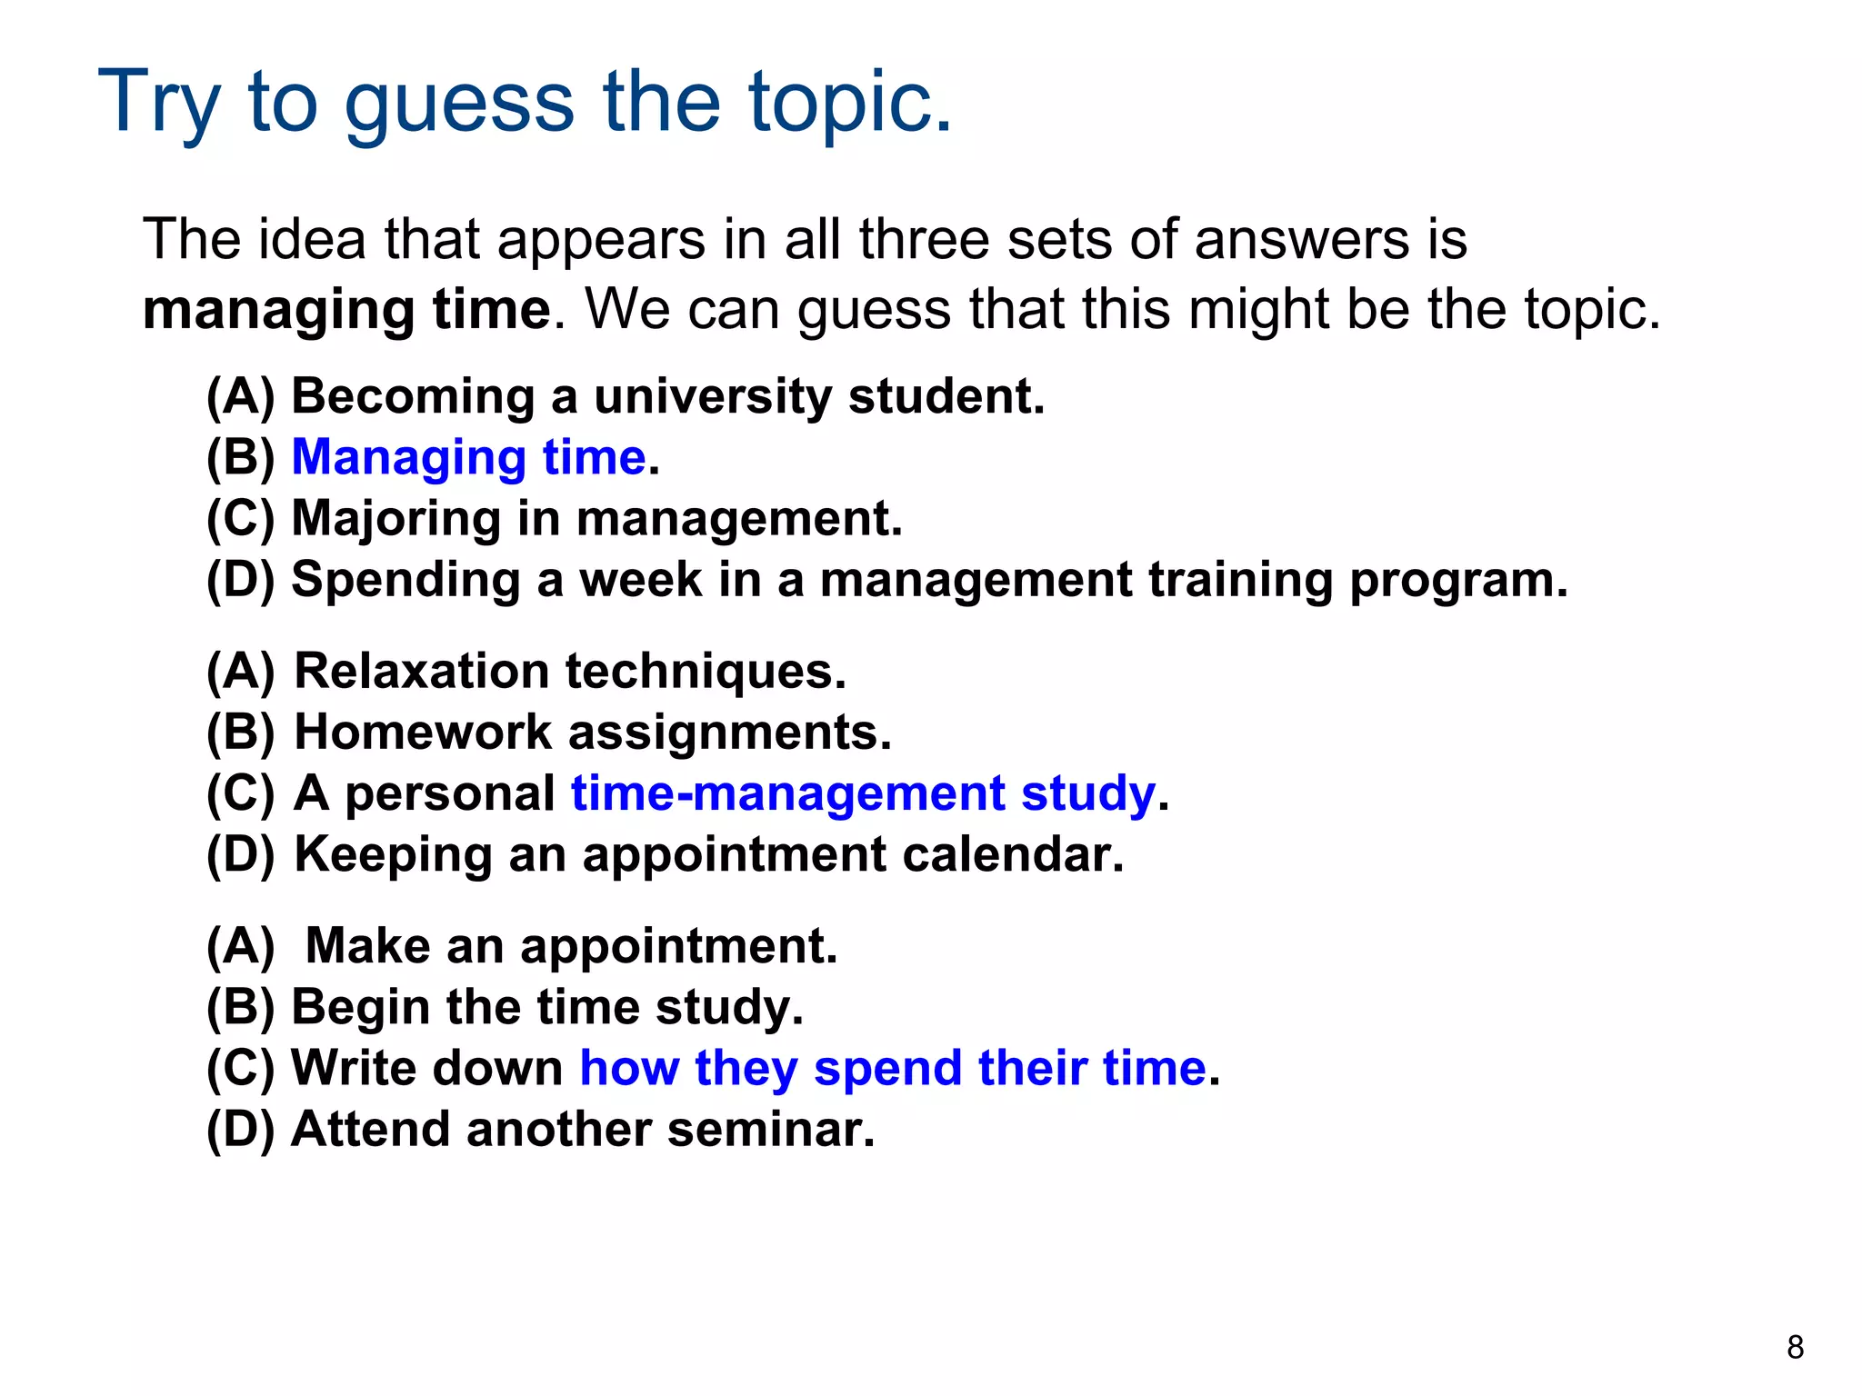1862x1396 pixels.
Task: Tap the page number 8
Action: tap(1795, 1347)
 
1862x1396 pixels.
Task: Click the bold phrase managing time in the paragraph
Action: tap(346, 310)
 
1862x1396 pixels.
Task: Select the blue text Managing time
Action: tap(468, 457)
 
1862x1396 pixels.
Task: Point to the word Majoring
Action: tap(395, 519)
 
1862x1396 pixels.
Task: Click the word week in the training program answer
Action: tap(641, 580)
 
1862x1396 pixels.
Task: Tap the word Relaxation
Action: tap(422, 672)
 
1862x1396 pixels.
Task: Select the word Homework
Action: tap(423, 733)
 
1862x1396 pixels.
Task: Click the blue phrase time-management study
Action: tap(863, 793)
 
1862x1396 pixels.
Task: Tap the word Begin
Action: tap(360, 1007)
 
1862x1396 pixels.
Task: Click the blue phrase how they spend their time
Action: tap(893, 1068)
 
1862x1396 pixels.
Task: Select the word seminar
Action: tap(770, 1130)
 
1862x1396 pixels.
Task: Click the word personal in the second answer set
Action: tap(450, 793)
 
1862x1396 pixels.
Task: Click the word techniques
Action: tap(706, 672)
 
